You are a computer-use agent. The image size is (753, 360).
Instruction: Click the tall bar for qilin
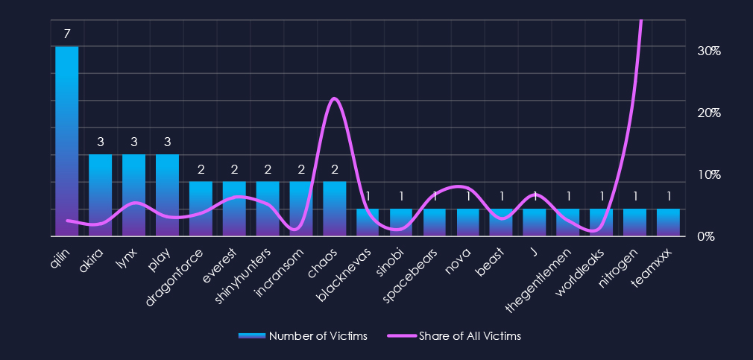pos(67,142)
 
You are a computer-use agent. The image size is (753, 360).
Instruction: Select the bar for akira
pos(101,195)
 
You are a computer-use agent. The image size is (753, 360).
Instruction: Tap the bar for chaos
pos(335,209)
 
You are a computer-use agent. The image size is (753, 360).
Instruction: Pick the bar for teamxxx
pos(668,222)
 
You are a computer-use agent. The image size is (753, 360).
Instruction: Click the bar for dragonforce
pos(201,209)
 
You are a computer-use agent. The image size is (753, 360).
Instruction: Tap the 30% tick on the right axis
pos(708,51)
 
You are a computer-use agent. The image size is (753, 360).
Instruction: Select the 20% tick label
pos(708,113)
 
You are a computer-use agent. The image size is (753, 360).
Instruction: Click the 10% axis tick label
pos(708,174)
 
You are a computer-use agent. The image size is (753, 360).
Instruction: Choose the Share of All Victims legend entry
pos(454,336)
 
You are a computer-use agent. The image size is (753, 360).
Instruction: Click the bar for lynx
pos(134,195)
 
